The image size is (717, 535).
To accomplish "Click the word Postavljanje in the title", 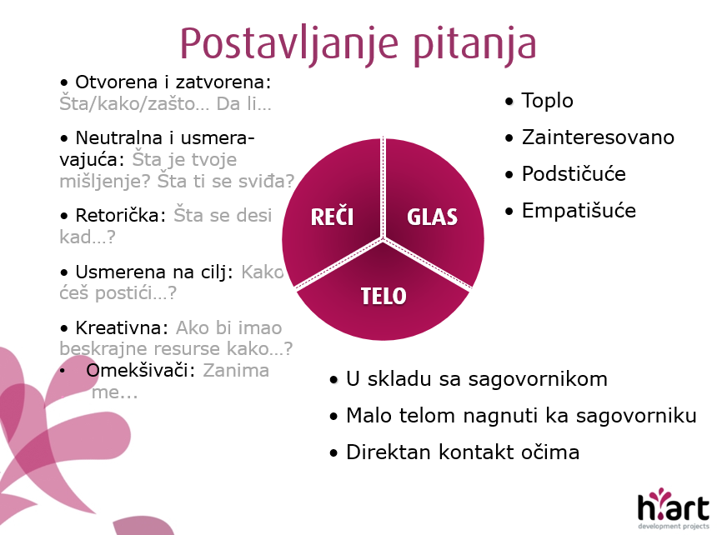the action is point(289,44).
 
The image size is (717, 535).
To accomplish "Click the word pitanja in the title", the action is point(475,44).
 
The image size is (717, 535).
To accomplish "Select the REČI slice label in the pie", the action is point(332,216).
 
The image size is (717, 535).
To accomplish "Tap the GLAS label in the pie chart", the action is point(432,217).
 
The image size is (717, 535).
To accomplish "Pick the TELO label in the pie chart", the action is point(384,296).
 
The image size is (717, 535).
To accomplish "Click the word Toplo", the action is point(548,101).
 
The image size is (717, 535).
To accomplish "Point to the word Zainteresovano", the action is point(598,137).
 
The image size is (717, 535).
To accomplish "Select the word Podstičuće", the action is point(574,173).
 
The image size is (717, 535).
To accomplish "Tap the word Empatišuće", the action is point(579,211).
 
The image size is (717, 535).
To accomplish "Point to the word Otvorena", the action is point(117,82).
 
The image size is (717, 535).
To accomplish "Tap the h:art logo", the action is point(673,508).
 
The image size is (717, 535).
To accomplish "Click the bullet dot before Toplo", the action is point(509,101).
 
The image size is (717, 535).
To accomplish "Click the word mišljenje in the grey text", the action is point(105,182).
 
